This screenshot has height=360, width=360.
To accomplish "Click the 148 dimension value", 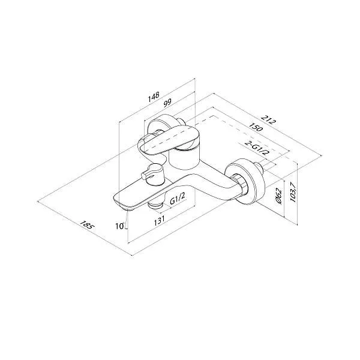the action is (x=154, y=97).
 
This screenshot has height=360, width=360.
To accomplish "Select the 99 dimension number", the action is (x=167, y=103).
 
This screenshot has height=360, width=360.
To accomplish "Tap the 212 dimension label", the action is (x=268, y=119).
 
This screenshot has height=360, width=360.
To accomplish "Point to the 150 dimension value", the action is (x=256, y=127).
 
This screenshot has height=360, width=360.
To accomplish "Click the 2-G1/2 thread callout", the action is (x=257, y=148).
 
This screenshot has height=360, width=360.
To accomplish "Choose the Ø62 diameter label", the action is (x=278, y=196).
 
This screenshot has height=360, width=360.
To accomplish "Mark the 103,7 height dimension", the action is (x=293, y=192).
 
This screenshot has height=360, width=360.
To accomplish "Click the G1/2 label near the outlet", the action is (x=178, y=199).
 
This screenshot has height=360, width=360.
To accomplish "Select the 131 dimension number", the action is (x=160, y=220).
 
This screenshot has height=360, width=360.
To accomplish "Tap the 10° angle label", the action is (x=121, y=226).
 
